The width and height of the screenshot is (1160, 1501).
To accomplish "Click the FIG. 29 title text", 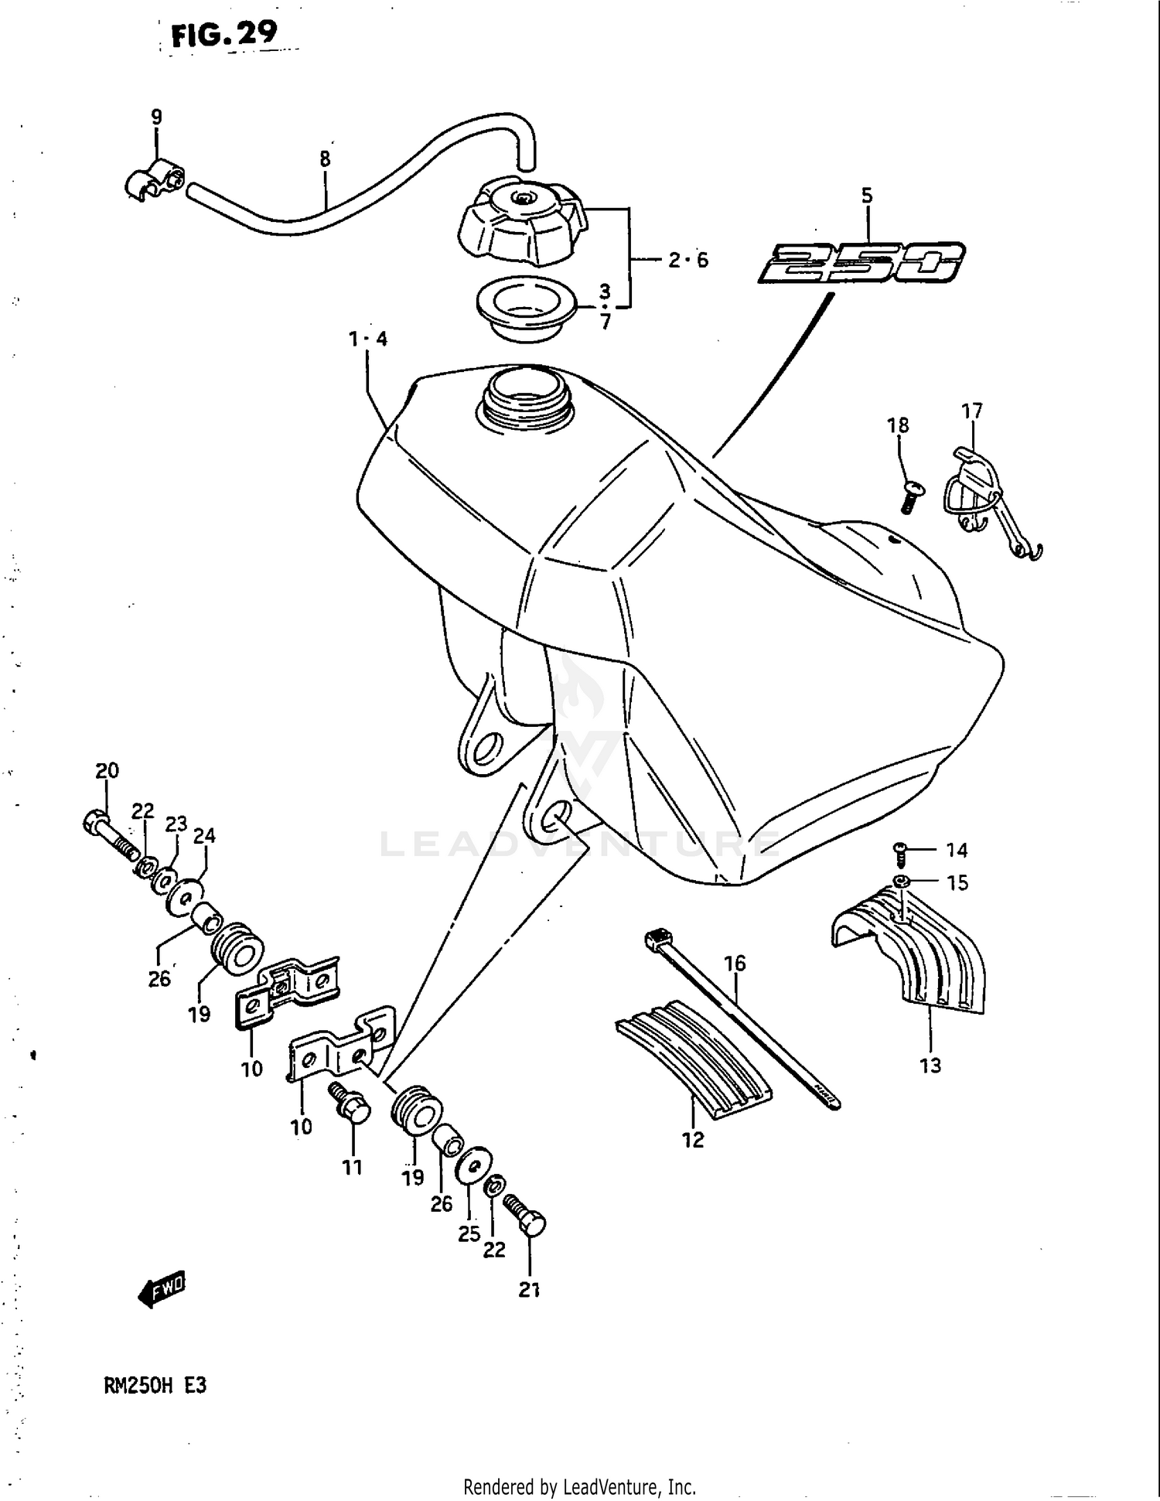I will click(223, 34).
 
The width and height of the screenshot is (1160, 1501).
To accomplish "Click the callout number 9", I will click(156, 118).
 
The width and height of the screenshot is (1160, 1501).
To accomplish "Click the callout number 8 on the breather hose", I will click(325, 159).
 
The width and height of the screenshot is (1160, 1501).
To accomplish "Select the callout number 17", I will click(971, 411).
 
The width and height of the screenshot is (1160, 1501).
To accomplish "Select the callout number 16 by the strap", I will click(735, 963).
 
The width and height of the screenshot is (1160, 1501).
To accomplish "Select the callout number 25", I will click(469, 1233).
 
